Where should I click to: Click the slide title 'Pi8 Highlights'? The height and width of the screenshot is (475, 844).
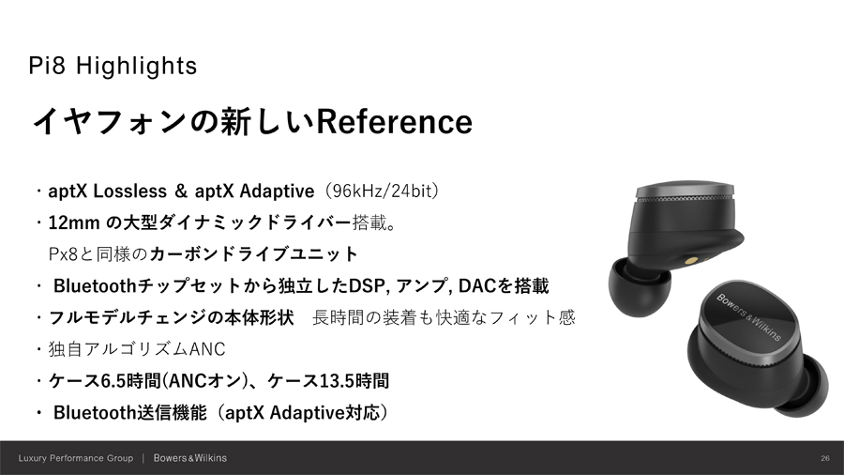coord(113,67)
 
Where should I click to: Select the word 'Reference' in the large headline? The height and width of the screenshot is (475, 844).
coord(394,121)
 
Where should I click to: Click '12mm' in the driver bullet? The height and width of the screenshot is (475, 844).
coord(74,222)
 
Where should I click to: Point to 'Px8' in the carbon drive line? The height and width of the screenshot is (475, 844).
coord(64,254)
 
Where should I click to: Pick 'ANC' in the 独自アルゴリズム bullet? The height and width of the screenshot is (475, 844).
coord(207,349)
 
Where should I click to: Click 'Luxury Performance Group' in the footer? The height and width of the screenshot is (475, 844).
coord(76,458)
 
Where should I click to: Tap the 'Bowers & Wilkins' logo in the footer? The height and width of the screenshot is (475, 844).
coord(190,458)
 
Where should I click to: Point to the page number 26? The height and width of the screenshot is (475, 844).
coord(825,458)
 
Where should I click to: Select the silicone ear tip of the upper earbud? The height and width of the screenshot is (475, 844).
coord(640,285)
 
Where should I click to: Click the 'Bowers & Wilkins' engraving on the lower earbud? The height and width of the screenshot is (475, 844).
coord(748,317)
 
